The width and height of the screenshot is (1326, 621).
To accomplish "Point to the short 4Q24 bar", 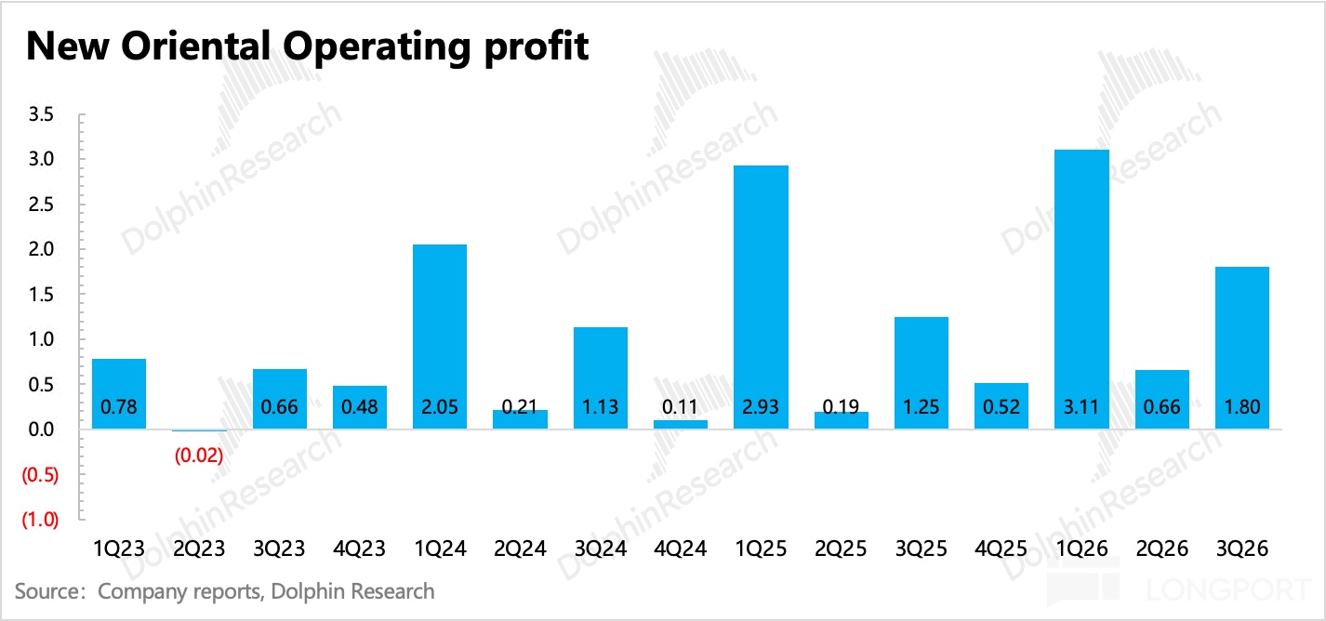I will [681, 425].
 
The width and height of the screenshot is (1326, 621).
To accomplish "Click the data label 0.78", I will [119, 407].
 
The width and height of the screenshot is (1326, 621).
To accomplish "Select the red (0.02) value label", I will [199, 456].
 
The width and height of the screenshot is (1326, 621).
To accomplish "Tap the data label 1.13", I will [600, 407].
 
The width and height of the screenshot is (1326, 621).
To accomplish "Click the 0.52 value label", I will [1001, 407].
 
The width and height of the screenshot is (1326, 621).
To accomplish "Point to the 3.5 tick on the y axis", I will [43, 114].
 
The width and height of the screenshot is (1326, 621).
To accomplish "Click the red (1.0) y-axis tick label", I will [40, 520].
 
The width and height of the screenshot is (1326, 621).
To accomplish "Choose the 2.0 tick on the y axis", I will [43, 250].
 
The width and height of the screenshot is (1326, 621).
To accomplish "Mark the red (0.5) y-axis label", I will [40, 475].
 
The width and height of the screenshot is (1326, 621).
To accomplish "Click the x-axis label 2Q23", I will [199, 548].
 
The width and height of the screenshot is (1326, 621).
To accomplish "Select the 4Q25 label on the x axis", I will [1001, 548].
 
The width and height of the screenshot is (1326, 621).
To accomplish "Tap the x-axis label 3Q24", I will [600, 548].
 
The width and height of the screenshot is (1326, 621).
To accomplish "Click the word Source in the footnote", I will [46, 591].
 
